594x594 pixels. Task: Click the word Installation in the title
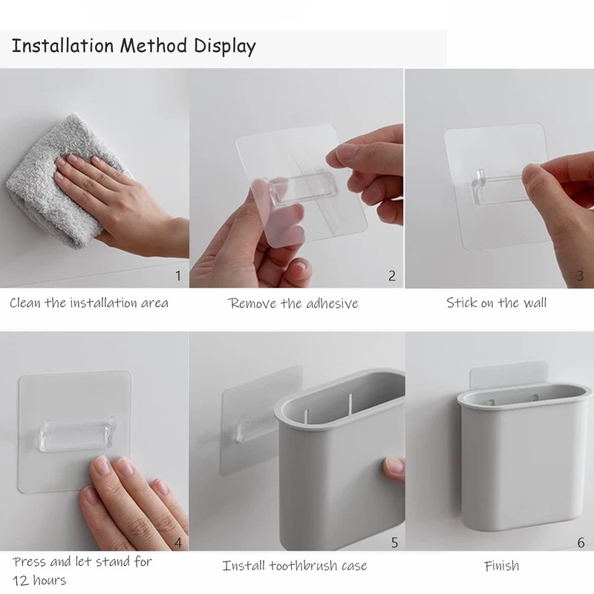click(x=63, y=46)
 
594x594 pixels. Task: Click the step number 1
click(x=178, y=275)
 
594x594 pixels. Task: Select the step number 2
click(x=392, y=275)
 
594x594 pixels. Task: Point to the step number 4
click(x=178, y=543)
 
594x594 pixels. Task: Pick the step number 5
click(x=394, y=543)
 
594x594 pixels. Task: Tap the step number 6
click(x=581, y=543)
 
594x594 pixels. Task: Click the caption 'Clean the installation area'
click(x=89, y=303)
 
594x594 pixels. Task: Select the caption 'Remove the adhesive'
click(x=293, y=303)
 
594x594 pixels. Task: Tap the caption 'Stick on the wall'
click(x=496, y=303)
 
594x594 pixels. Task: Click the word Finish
click(x=502, y=566)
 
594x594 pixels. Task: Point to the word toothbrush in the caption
click(x=304, y=566)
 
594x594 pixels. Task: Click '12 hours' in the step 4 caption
click(x=39, y=580)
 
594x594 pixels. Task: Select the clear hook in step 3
click(x=500, y=188)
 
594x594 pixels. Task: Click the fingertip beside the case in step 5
click(x=394, y=469)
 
